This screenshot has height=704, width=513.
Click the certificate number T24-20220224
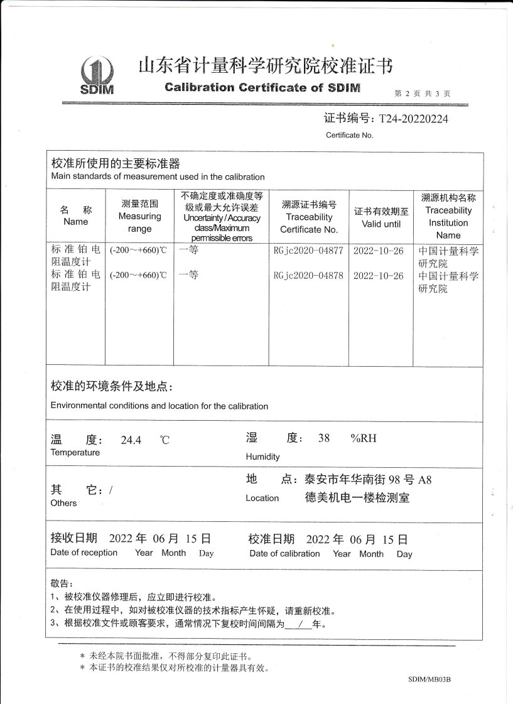[411, 119]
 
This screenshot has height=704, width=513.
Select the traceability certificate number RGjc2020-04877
[309, 251]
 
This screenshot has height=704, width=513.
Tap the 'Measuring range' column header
[139, 217]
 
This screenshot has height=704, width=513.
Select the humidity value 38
[324, 438]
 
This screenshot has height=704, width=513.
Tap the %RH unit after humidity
[364, 438]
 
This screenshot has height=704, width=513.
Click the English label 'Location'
[262, 498]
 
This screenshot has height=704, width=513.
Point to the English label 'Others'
[63, 503]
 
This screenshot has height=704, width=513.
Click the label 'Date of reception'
[84, 553]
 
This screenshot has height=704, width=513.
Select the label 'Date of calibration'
[284, 553]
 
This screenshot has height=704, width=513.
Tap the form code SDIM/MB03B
[429, 680]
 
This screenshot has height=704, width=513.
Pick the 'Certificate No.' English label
[349, 135]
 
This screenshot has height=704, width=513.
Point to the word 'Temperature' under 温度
[75, 453]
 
